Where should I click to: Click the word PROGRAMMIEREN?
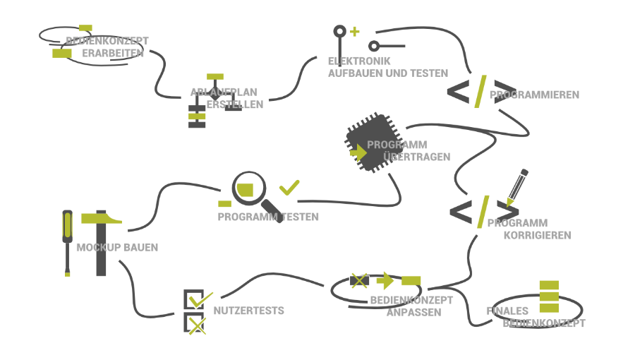click(x=534, y=95)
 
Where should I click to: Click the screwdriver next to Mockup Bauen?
click(x=67, y=240)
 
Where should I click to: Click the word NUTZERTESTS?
click(x=248, y=311)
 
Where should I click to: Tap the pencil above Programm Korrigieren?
click(x=516, y=186)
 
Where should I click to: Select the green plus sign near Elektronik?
click(x=354, y=31)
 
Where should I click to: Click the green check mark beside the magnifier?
click(x=289, y=188)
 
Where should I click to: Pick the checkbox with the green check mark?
click(x=194, y=299)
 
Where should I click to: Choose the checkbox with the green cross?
click(x=195, y=324)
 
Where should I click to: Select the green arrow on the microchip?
click(x=358, y=152)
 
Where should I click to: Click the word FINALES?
click(x=507, y=311)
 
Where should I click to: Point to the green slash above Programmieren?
click(x=480, y=90)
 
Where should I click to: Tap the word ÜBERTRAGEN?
click(x=416, y=157)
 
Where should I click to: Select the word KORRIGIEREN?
click(x=537, y=235)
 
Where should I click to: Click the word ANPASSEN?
click(x=414, y=312)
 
